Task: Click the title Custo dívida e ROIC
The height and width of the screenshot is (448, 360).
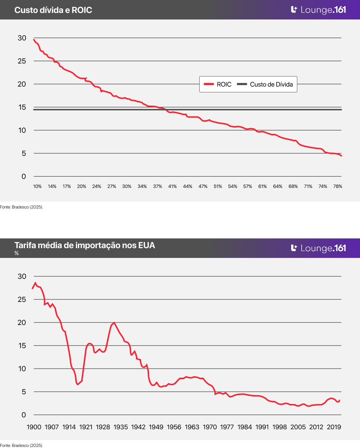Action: click(x=53, y=10)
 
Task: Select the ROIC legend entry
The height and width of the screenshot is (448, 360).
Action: click(x=218, y=84)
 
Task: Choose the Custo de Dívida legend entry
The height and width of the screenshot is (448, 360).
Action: click(x=266, y=84)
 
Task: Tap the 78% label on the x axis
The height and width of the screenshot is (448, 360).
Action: click(x=338, y=186)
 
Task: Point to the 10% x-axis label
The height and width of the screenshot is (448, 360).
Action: click(x=37, y=186)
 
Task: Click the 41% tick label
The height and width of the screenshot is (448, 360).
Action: click(x=173, y=186)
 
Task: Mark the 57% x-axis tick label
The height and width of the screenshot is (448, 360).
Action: click(x=248, y=186)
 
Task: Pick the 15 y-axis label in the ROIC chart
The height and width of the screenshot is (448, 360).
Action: click(x=22, y=107)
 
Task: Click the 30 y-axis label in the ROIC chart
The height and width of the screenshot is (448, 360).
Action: click(x=22, y=38)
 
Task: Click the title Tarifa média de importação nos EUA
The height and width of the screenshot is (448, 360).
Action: click(x=85, y=245)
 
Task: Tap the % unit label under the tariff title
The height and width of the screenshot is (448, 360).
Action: click(x=17, y=254)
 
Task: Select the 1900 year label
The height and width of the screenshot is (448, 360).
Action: click(x=34, y=427)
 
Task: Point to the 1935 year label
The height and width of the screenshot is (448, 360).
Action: click(x=121, y=427)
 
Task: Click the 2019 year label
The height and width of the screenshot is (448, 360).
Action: click(x=334, y=427)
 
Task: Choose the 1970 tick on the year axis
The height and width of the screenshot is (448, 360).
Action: click(x=210, y=427)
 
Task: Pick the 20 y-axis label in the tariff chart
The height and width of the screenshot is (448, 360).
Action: click(x=22, y=322)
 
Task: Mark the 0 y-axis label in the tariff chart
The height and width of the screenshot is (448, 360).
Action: click(x=24, y=415)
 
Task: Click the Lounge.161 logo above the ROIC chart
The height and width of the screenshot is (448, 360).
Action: click(x=319, y=10)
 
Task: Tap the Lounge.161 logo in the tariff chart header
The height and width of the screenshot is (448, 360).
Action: click(x=319, y=248)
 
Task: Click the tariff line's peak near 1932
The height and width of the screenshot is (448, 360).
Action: click(x=114, y=322)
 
